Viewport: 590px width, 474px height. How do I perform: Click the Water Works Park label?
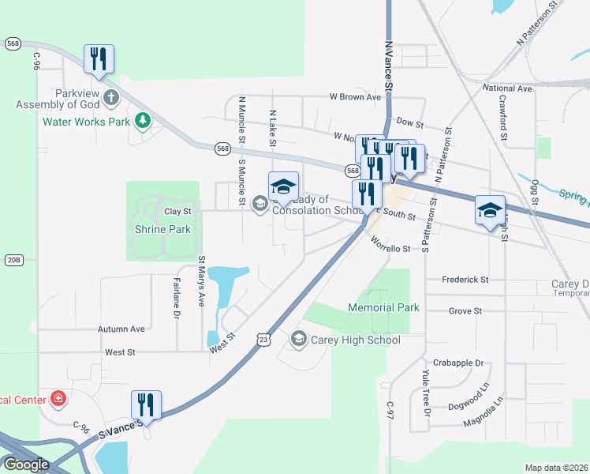[85, 122]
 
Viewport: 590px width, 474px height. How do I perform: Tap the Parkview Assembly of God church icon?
[111, 98]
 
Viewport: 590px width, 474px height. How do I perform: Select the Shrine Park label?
[158, 230]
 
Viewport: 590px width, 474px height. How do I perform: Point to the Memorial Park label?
[383, 307]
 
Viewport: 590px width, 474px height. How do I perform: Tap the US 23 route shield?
[263, 339]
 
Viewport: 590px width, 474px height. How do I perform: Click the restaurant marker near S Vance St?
[146, 404]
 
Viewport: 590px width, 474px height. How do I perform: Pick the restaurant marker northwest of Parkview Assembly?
[99, 59]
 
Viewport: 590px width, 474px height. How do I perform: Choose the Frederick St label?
[465, 280]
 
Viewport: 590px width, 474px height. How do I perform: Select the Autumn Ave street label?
[121, 329]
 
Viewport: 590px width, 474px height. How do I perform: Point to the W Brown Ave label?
[355, 97]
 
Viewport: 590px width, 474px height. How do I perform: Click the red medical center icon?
[58, 398]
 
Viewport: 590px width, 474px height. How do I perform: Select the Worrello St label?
[386, 249]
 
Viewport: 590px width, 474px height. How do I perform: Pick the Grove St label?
[465, 311]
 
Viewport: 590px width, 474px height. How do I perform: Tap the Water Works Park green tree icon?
[143, 121]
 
